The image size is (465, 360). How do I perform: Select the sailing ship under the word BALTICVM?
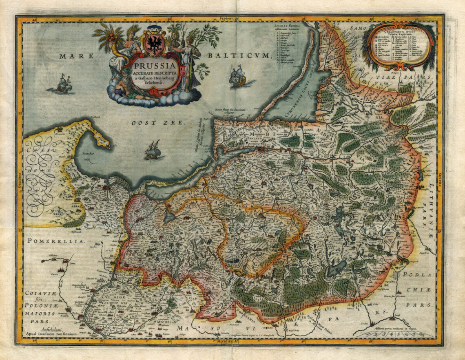pyautogui.click(x=238, y=77)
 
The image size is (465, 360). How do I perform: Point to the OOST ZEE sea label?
pyautogui.click(x=160, y=122)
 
